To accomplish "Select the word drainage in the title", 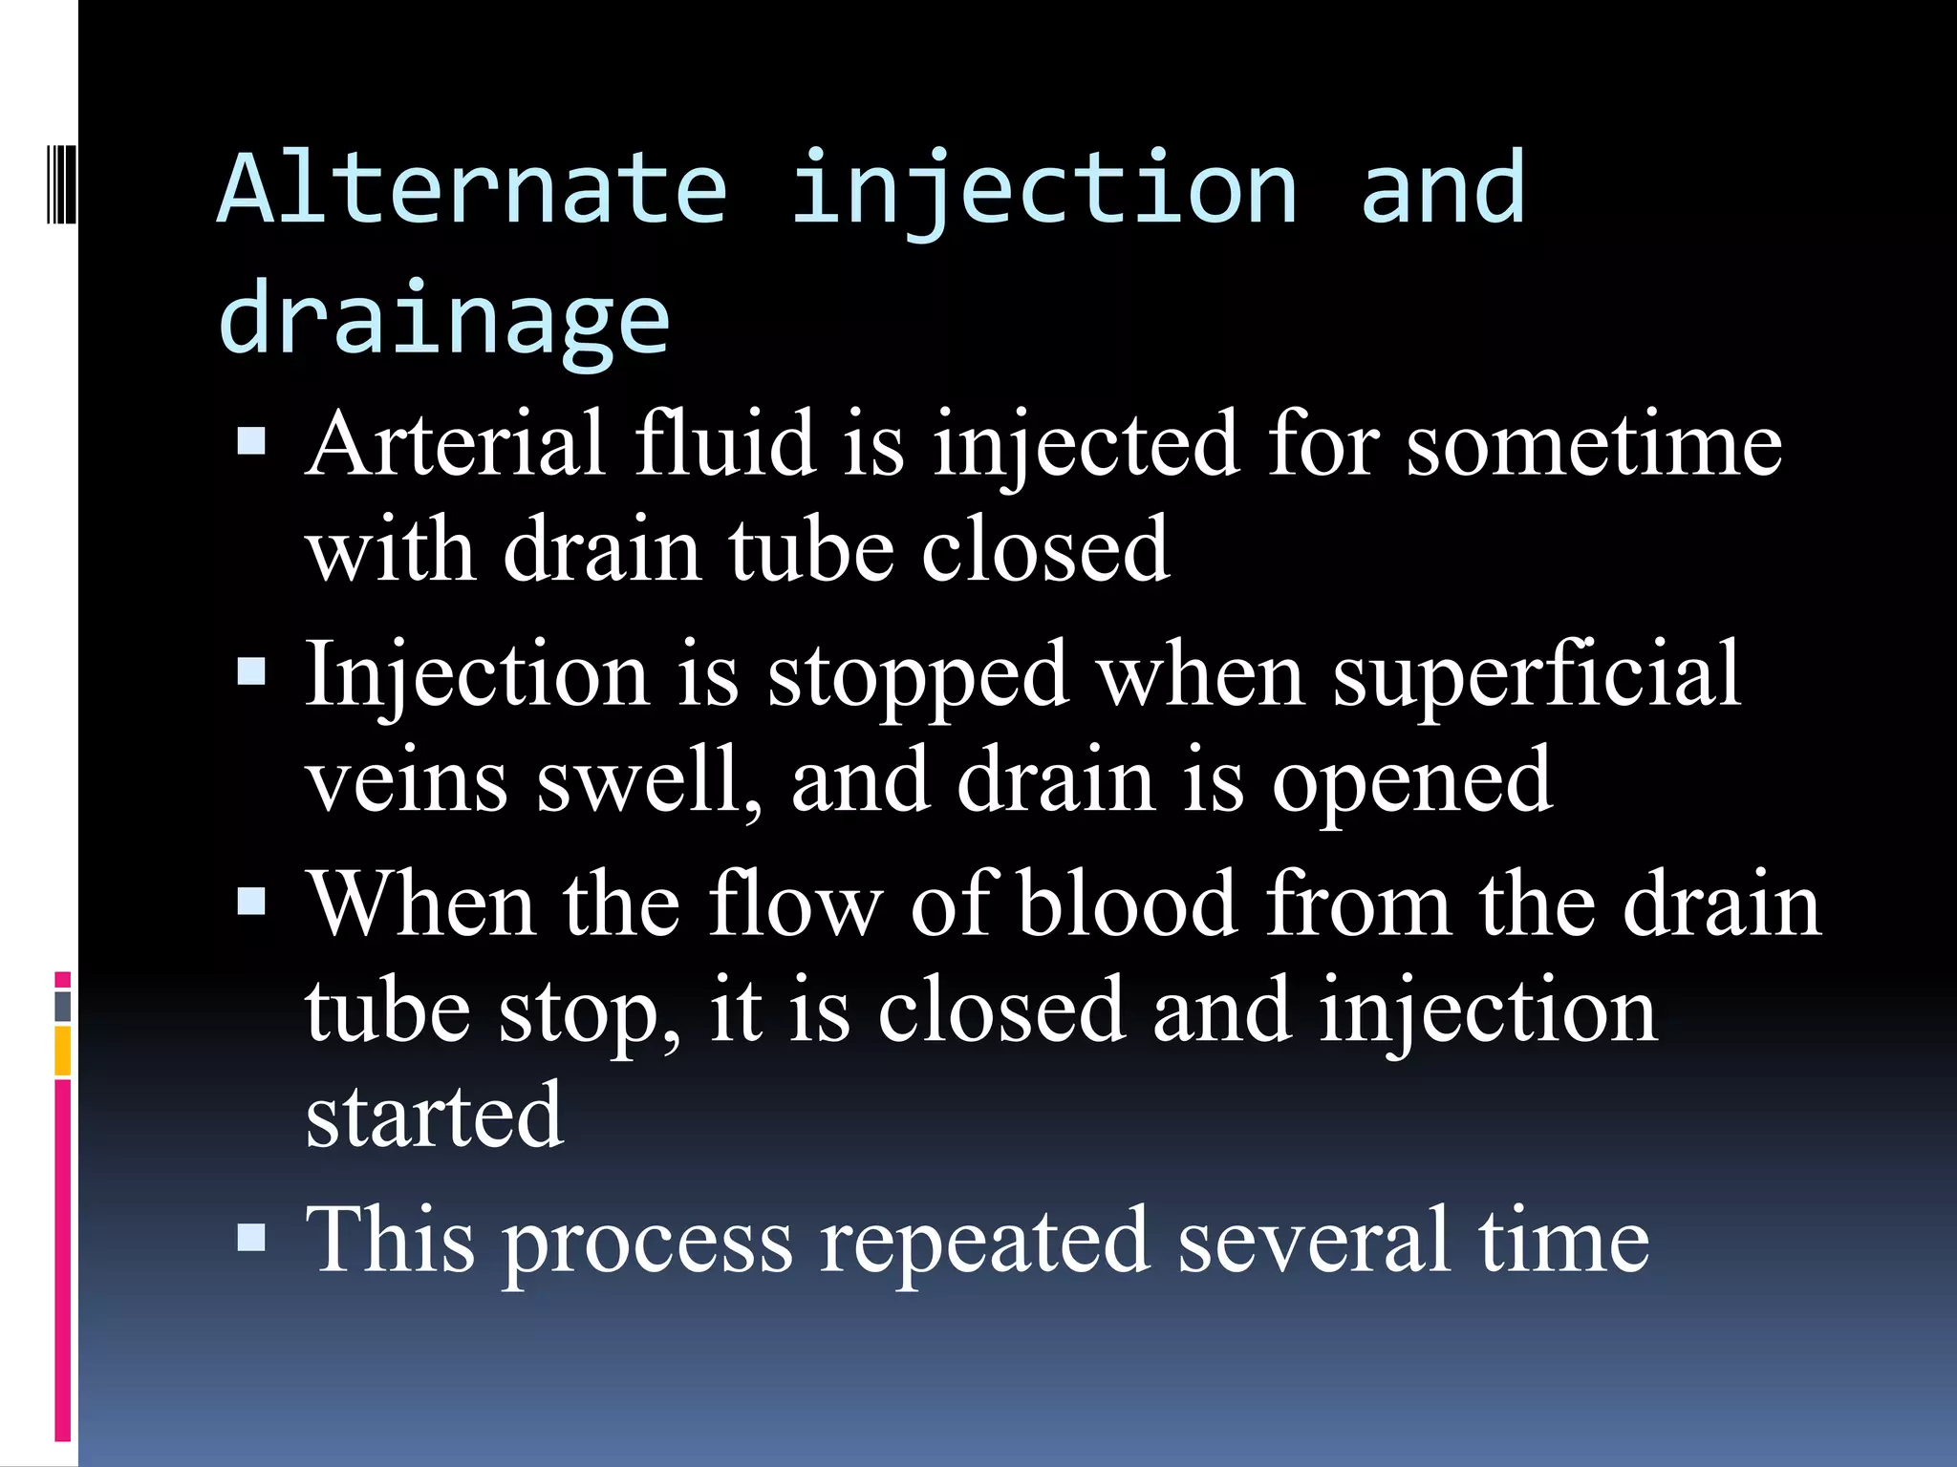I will pyautogui.click(x=444, y=321).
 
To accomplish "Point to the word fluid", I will pyautogui.click(x=723, y=443).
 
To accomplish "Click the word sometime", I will pyautogui.click(x=1593, y=445).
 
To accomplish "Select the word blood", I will pyautogui.click(x=1128, y=904).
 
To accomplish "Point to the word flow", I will pyautogui.click(x=795, y=904).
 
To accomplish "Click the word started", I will pyautogui.click(x=435, y=1115).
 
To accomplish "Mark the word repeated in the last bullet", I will pyautogui.click(x=983, y=1241).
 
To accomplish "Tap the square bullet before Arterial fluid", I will pyautogui.click(x=251, y=441).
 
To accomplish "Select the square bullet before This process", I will pyautogui.click(x=251, y=1238).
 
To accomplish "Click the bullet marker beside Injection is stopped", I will pyautogui.click(x=251, y=671).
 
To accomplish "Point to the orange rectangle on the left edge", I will pyautogui.click(x=63, y=1050).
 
